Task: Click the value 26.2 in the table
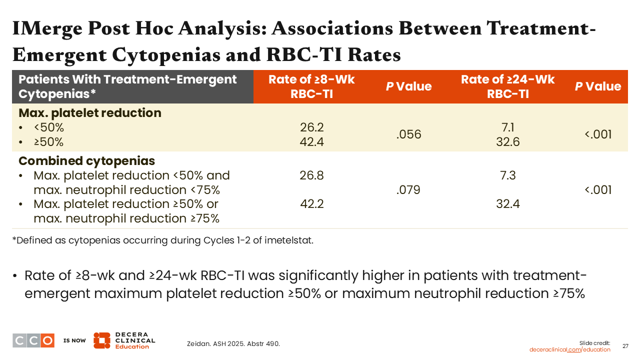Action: [x=312, y=127]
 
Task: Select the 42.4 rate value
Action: [x=312, y=142]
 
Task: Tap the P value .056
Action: [x=408, y=134]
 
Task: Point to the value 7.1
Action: [x=507, y=127]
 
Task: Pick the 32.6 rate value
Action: [x=507, y=142]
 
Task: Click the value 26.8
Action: [x=312, y=175]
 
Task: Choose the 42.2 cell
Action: [x=312, y=204]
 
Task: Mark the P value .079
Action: [x=408, y=190]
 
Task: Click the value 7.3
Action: [x=507, y=175]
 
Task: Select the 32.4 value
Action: [x=507, y=204]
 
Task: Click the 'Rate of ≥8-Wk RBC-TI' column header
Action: [x=311, y=86]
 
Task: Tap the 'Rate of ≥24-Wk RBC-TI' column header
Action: [x=507, y=86]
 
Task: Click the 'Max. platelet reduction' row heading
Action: [x=90, y=113]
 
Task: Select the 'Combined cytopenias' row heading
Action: [x=86, y=161]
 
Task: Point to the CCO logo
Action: [x=33, y=340]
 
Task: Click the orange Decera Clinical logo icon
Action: [x=101, y=340]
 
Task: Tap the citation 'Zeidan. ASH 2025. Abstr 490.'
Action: [x=233, y=343]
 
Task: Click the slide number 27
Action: [x=625, y=346]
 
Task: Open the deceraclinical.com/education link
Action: [x=569, y=349]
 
